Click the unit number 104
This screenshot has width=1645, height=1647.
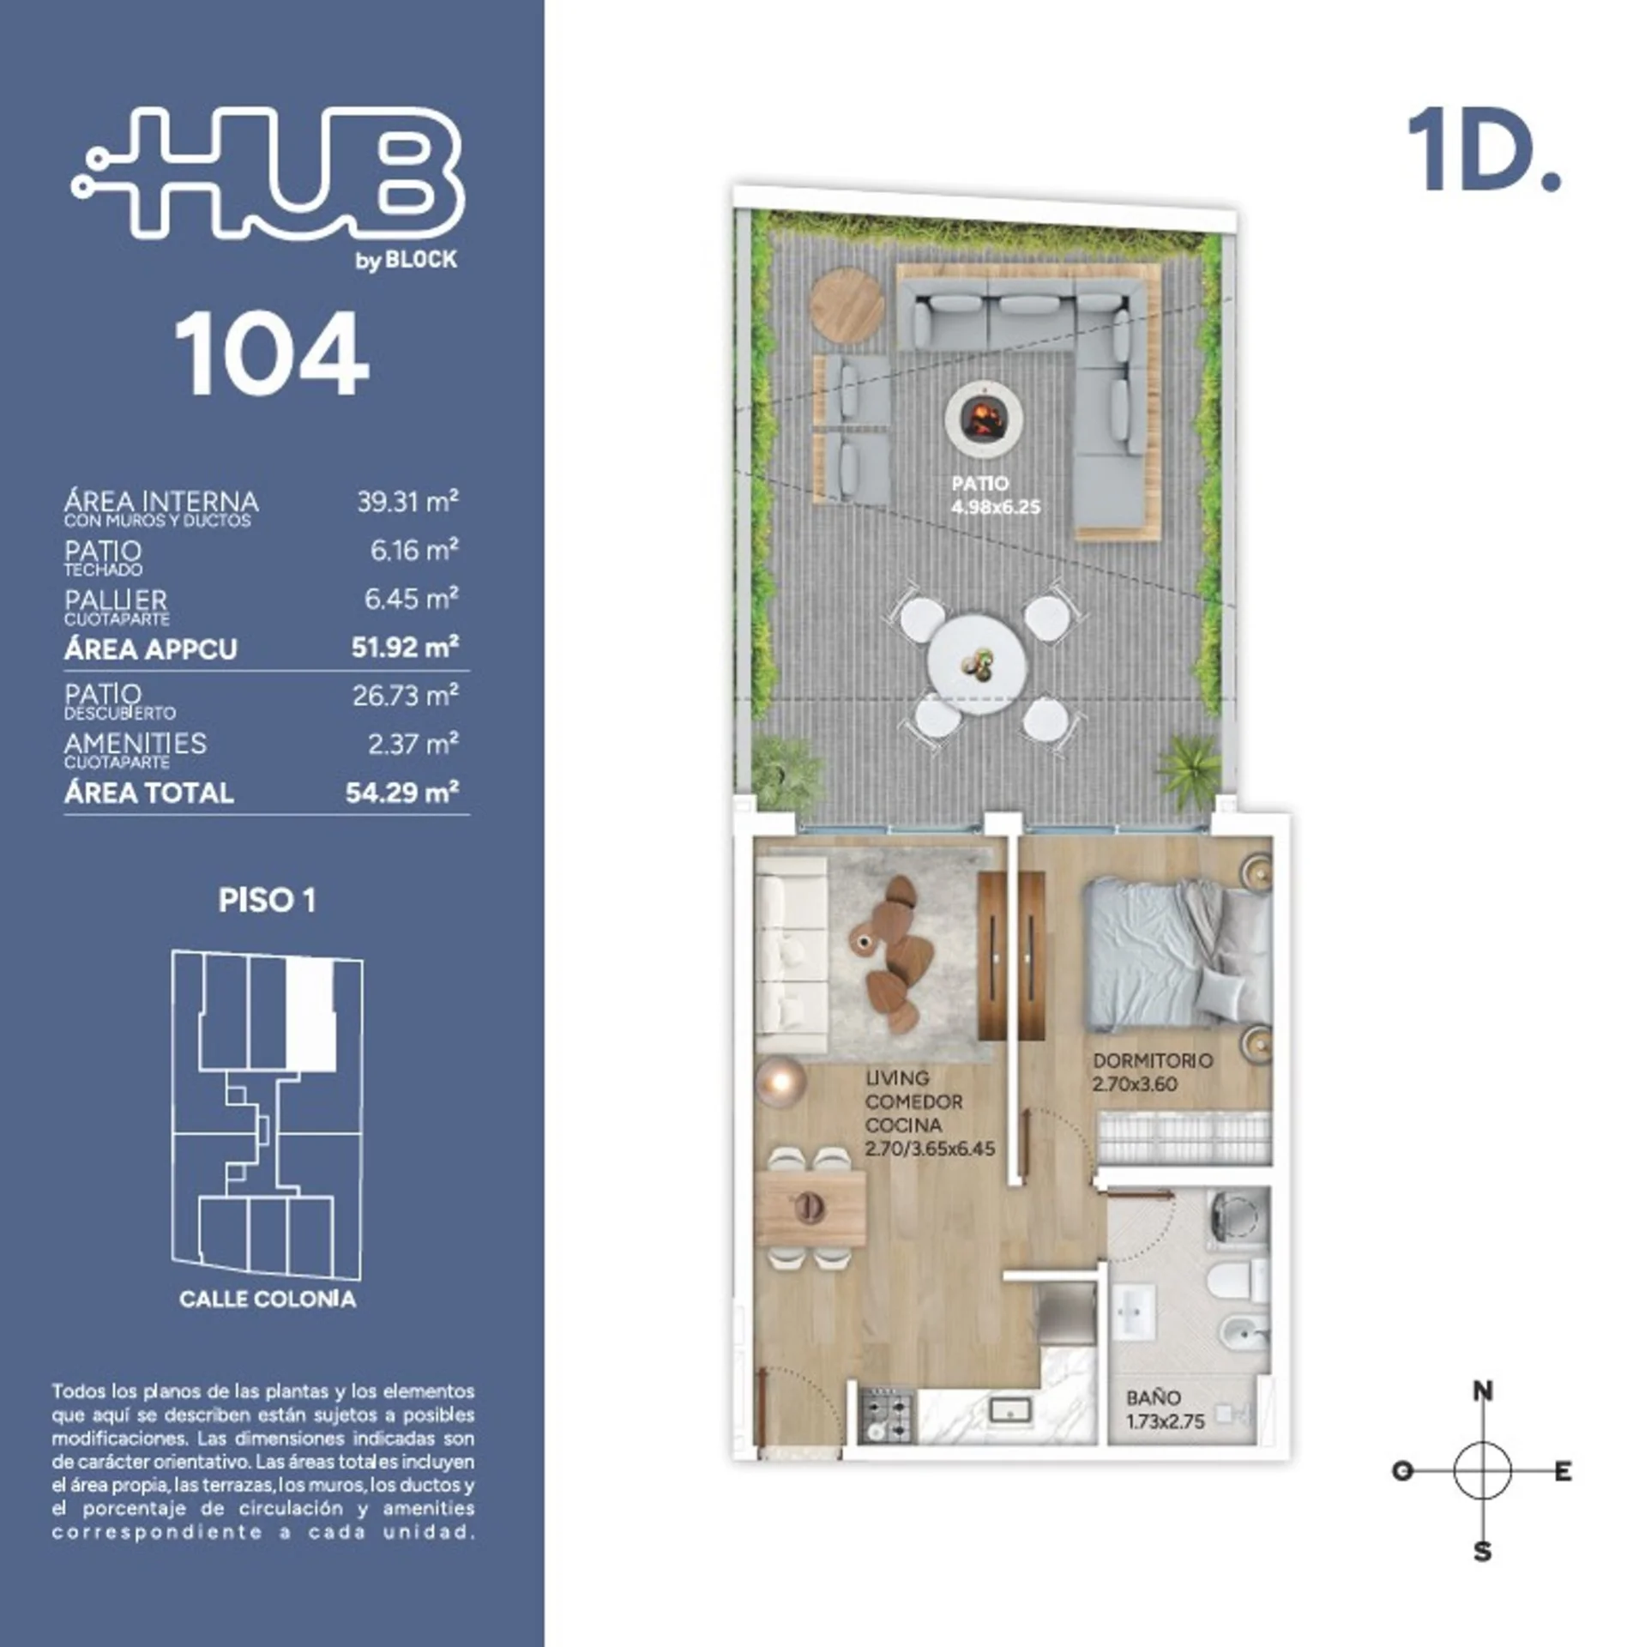tap(272, 353)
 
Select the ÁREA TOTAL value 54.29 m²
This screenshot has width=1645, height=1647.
tap(402, 792)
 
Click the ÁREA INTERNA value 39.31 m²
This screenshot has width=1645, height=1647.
tap(407, 501)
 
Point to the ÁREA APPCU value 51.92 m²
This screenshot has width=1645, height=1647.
tap(405, 647)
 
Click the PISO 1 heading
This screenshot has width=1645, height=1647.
tap(267, 901)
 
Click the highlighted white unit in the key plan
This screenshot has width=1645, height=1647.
tap(310, 1015)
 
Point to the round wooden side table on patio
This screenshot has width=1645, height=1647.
tap(847, 306)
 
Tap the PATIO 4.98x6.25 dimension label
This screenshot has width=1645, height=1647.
tap(995, 496)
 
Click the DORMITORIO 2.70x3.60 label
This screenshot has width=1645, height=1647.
tap(1152, 1072)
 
